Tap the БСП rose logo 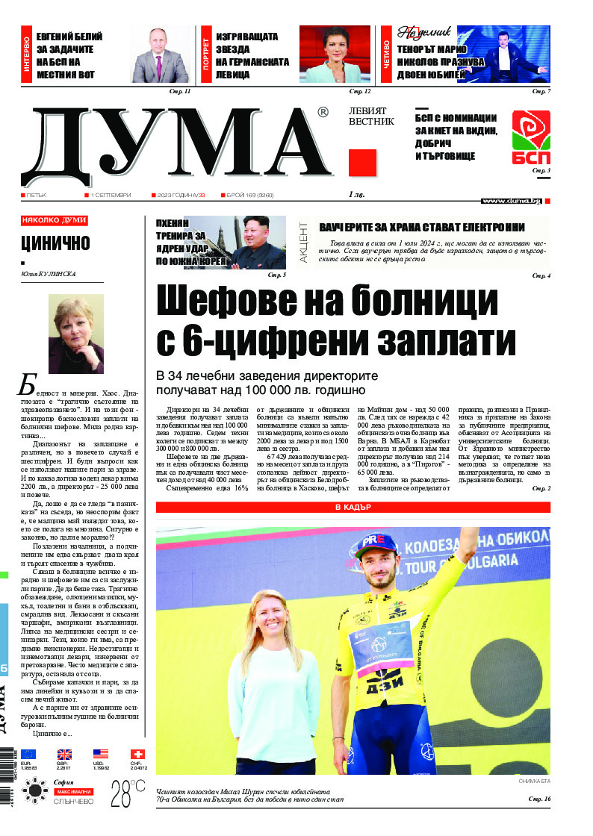coord(530,137)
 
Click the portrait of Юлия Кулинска coord(76,334)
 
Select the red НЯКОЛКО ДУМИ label coord(55,221)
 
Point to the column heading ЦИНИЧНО coord(55,243)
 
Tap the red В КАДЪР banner coord(353,508)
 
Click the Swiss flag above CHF coord(137,754)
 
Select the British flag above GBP coord(65,754)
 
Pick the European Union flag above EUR coord(28,754)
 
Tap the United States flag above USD coord(101,754)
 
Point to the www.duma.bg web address coord(511,201)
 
